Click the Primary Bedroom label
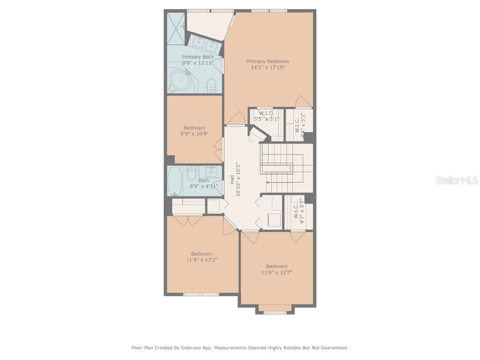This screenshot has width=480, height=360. point(268,61)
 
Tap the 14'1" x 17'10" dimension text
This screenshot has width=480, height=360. point(268,67)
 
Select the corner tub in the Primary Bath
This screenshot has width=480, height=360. point(181,81)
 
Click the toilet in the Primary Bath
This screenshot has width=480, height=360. point(211,86)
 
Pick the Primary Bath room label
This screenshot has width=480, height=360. point(197,57)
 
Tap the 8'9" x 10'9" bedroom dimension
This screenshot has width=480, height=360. point(194,134)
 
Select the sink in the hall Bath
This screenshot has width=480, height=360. point(212,171)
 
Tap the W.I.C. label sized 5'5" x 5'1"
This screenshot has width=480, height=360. point(266,113)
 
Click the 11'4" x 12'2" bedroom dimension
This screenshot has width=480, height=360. point(202,259)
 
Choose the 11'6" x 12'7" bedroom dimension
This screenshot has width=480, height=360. point(277,272)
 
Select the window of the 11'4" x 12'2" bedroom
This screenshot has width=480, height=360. point(201,294)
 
